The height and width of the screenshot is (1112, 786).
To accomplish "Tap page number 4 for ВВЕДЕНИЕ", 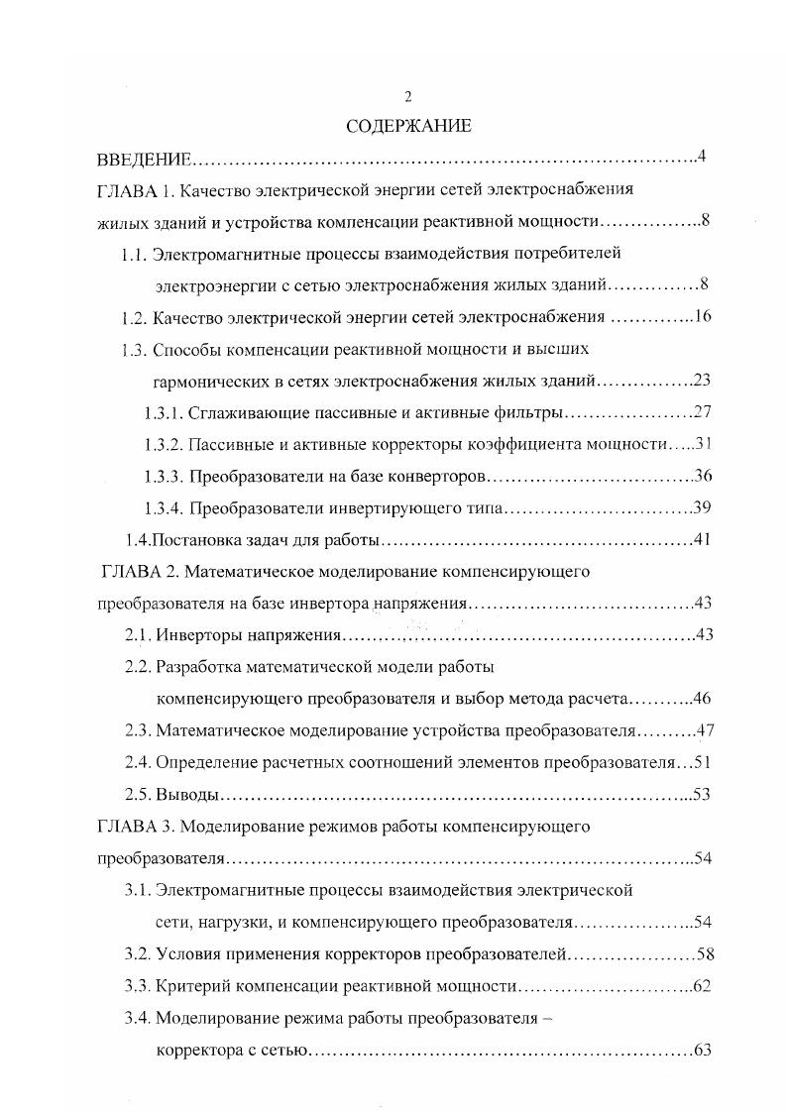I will coord(701,158).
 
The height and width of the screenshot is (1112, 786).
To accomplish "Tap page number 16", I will coord(703,317).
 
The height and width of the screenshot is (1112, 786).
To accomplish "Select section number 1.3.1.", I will coord(163,412).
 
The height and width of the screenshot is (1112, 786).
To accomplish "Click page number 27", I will coord(703,412).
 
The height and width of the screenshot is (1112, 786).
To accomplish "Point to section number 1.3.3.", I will coord(163,476).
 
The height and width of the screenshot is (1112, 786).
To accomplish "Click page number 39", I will coord(703,507).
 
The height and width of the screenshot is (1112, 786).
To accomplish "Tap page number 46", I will coord(703,699).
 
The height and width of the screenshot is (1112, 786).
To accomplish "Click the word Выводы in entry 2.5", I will coord(187,794).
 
